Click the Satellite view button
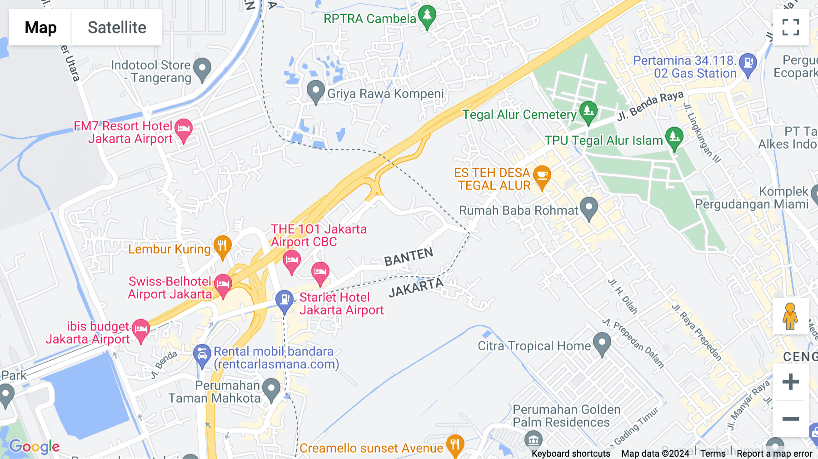coord(117,27)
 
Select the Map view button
coord(40,27)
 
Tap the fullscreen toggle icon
coord(790,27)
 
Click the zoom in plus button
coord(790,382)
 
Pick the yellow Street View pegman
coord(790,316)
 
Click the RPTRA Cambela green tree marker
coord(427,16)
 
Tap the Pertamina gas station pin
coord(748,64)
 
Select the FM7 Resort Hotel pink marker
coord(184,130)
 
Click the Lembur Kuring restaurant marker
coord(222,247)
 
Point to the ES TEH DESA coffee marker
coord(542,176)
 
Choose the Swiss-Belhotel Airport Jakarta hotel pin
coord(223,285)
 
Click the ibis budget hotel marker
coord(140,330)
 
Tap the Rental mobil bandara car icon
coord(202,355)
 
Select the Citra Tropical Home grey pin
coord(602,344)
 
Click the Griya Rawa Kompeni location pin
coord(315,91)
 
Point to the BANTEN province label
coord(409,257)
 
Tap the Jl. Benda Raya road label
coord(650,106)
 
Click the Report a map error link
coord(774,454)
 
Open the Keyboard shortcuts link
coord(571,454)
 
